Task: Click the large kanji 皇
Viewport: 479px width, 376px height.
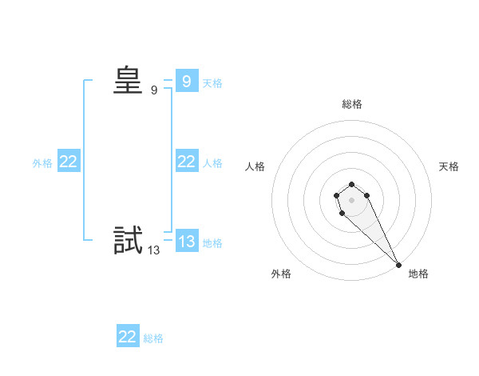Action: tap(128, 81)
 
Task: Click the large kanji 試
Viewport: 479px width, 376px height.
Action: tap(128, 240)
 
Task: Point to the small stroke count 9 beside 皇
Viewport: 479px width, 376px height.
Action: tap(154, 90)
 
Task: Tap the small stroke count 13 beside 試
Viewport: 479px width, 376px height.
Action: tap(153, 250)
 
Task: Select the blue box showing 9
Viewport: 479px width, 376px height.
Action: tap(187, 81)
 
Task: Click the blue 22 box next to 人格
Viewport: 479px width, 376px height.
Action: tap(187, 162)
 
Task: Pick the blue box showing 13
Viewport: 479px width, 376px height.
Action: tap(187, 242)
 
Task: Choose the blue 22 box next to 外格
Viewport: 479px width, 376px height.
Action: tap(69, 162)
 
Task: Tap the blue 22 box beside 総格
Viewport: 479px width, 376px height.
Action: tap(128, 337)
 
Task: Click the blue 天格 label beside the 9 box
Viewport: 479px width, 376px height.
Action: tap(212, 82)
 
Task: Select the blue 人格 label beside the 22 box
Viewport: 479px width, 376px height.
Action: tap(212, 163)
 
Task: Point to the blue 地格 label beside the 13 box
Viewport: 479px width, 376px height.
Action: tap(212, 243)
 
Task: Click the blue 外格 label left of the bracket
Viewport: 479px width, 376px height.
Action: tap(42, 163)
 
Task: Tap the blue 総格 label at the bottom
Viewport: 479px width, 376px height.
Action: tap(153, 338)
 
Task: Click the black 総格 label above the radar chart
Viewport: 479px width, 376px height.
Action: tap(352, 104)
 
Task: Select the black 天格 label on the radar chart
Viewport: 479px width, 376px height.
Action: tap(449, 166)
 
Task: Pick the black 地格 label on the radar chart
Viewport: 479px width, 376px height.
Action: tap(418, 274)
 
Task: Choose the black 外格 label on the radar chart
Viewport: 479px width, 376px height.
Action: tap(281, 274)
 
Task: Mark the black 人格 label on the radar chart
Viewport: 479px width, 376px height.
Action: tap(255, 166)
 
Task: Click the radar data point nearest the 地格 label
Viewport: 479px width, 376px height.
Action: tap(398, 265)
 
